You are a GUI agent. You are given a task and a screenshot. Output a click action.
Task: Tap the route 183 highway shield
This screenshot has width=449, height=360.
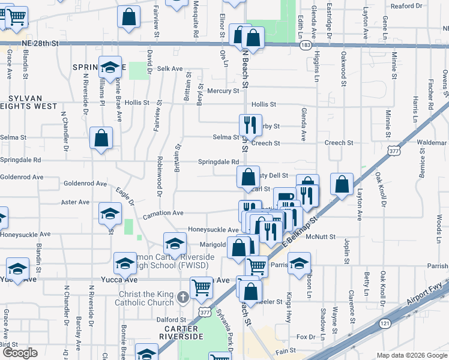click(306, 45)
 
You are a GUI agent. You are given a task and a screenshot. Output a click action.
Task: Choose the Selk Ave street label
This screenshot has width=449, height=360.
click(170, 69)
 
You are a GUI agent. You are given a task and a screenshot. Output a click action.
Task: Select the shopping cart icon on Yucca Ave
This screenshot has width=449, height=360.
click(201, 288)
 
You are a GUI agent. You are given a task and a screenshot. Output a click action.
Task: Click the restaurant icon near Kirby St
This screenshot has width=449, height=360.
click(249, 125)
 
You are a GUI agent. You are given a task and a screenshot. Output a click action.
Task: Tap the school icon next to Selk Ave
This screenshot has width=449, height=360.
click(109, 68)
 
